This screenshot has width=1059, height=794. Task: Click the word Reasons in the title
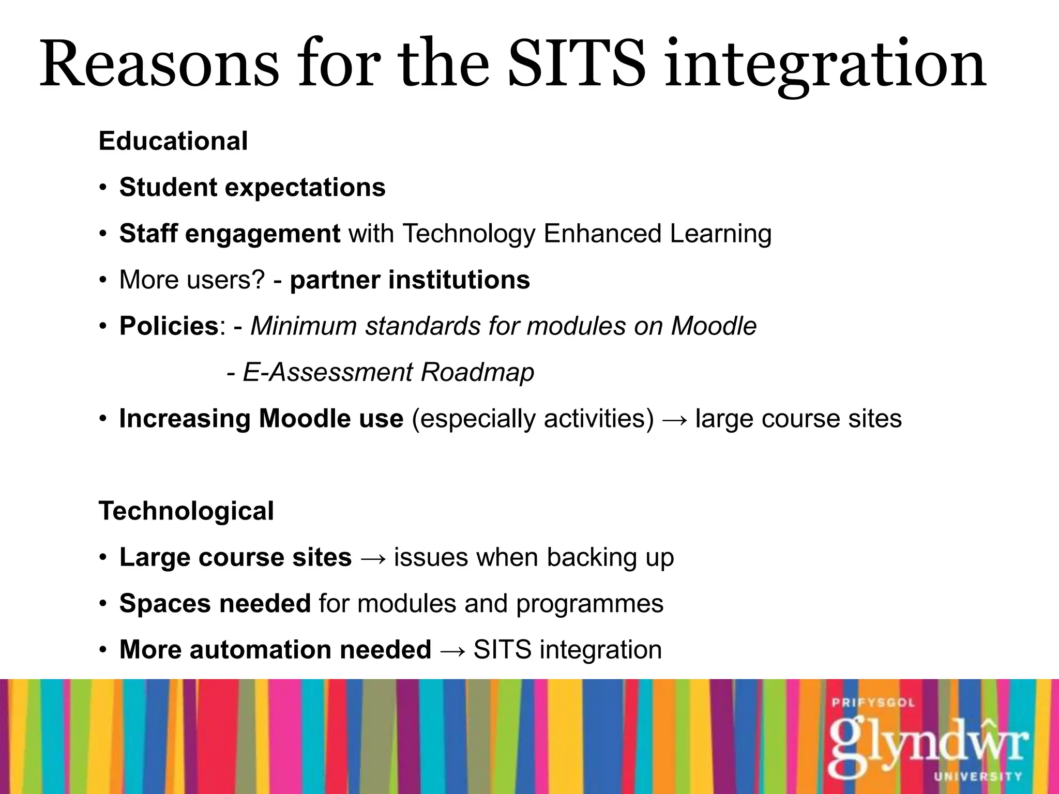click(x=159, y=65)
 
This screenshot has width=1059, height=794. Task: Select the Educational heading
click(x=173, y=141)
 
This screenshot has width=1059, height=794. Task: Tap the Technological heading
click(x=186, y=511)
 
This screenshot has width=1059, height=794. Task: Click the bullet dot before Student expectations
click(x=103, y=187)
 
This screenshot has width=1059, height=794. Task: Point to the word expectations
click(x=305, y=187)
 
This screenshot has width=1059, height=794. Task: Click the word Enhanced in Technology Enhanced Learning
click(x=602, y=233)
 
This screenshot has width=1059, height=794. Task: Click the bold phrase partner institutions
click(x=410, y=280)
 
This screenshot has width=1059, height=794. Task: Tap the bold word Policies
click(x=169, y=326)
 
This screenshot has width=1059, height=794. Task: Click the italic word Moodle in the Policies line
click(x=714, y=326)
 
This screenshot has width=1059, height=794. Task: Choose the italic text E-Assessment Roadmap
click(x=388, y=372)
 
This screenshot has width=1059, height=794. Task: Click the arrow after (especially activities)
click(x=675, y=419)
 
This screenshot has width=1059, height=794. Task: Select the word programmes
click(x=589, y=604)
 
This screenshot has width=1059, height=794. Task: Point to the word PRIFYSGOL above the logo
click(x=873, y=703)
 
